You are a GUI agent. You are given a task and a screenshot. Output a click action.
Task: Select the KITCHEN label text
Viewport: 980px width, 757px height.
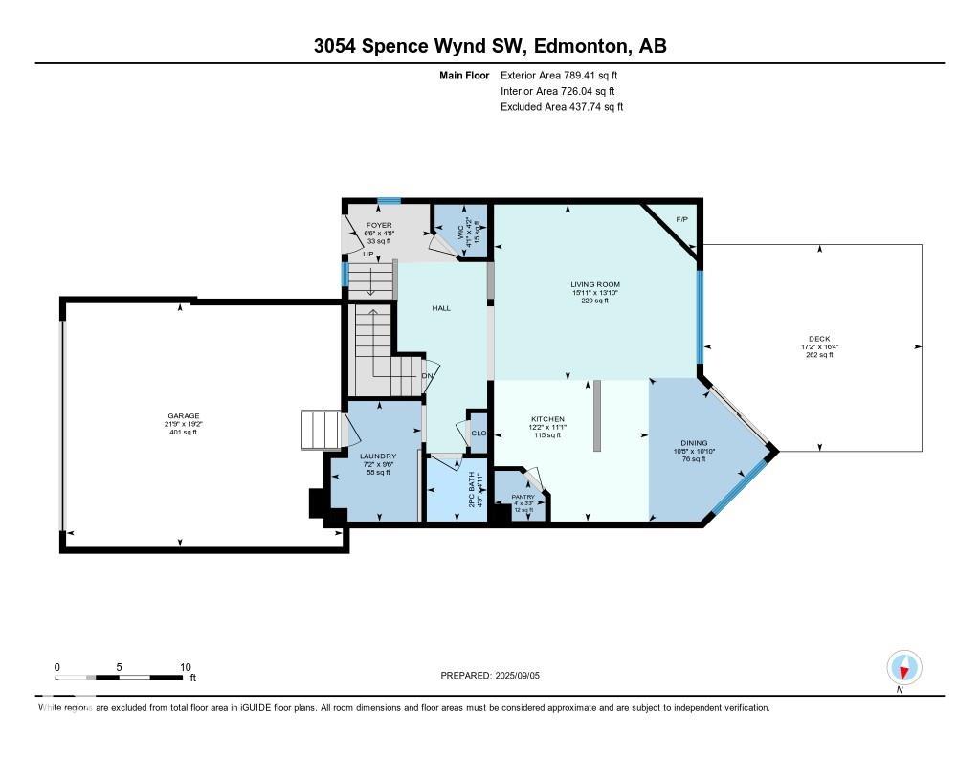tap(548, 419)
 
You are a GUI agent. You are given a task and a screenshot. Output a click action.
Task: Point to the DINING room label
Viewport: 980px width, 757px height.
tap(694, 443)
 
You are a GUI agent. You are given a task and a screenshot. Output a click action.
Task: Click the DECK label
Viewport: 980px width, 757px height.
tap(818, 339)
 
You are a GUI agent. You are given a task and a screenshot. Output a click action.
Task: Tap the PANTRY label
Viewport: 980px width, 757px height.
tap(523, 497)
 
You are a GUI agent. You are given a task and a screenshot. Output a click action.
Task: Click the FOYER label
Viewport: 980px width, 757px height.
tap(380, 226)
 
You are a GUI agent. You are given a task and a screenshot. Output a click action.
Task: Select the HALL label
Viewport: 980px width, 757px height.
tap(441, 308)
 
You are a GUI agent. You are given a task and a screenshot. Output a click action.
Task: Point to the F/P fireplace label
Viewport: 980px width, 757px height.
tap(682, 220)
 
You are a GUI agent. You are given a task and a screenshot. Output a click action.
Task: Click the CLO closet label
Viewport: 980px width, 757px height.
tap(479, 434)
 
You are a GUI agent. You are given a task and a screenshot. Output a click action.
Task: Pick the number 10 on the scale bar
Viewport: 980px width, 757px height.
tap(185, 667)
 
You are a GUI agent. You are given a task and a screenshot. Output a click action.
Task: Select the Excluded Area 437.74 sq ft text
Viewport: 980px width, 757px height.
tap(562, 107)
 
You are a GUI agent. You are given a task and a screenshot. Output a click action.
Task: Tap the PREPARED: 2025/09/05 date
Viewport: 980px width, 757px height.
tap(497, 676)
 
